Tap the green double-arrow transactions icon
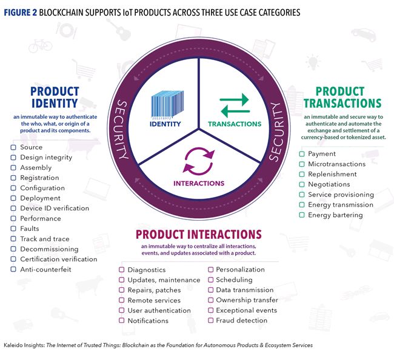[x=234, y=105]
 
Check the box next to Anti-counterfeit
[x=14, y=269]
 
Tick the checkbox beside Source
[x=14, y=147]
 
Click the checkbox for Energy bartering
[x=302, y=215]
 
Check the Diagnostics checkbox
[x=122, y=270]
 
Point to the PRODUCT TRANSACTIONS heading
[x=342, y=97]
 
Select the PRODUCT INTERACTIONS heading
[x=198, y=235]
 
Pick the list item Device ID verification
[x=55, y=208]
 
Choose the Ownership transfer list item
[x=247, y=300]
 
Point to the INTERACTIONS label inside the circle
[x=199, y=183]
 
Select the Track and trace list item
[x=45, y=239]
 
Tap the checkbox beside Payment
[x=302, y=154]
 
